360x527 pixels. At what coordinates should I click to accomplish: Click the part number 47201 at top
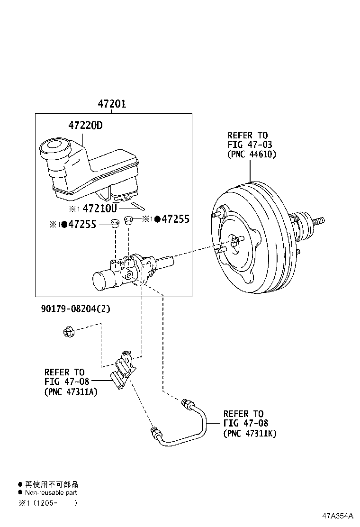click(112, 104)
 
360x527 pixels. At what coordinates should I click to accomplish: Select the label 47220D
click(85, 126)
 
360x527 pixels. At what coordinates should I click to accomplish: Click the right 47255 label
click(175, 219)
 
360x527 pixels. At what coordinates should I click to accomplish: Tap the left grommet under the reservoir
click(114, 223)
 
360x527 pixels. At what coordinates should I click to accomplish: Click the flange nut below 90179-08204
click(68, 331)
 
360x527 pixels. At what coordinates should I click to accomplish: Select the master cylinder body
click(126, 274)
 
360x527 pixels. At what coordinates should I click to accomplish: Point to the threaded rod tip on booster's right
click(320, 221)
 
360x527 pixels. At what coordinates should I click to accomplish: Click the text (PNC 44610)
click(251, 154)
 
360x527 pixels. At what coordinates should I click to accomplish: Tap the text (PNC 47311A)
click(71, 392)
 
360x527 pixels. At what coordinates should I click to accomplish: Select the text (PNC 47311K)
click(250, 433)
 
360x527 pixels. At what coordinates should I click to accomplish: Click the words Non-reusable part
click(51, 492)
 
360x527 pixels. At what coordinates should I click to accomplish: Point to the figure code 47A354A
click(338, 516)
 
